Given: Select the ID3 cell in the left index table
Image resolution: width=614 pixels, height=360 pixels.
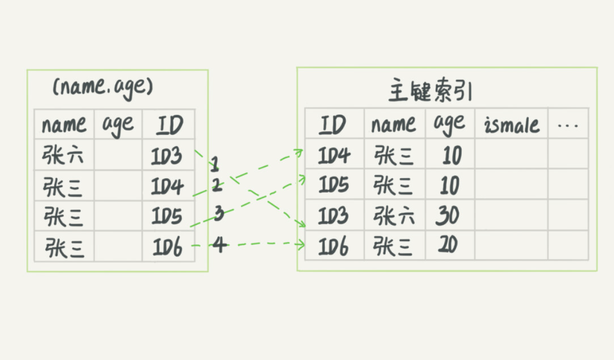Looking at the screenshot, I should tap(167, 156).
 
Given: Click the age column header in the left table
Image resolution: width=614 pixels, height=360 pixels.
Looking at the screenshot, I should tap(118, 125).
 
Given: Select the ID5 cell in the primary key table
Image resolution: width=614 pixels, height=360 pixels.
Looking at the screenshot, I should tap(334, 185).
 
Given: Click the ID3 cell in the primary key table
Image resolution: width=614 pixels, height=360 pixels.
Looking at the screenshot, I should tap(334, 216).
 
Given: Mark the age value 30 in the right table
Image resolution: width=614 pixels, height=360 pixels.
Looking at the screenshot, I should tap(448, 216).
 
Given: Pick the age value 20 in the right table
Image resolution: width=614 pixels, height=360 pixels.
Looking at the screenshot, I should tap(448, 245).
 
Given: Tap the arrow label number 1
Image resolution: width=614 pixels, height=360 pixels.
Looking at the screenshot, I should tap(215, 164).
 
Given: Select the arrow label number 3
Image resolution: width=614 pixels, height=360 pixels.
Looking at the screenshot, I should tap(219, 214).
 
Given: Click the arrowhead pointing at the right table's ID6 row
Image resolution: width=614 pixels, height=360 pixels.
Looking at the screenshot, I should tap(300, 244).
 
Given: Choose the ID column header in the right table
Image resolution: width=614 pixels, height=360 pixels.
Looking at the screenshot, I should tap(333, 125).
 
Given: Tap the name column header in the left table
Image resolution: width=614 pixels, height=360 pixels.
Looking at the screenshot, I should tap(64, 125).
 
